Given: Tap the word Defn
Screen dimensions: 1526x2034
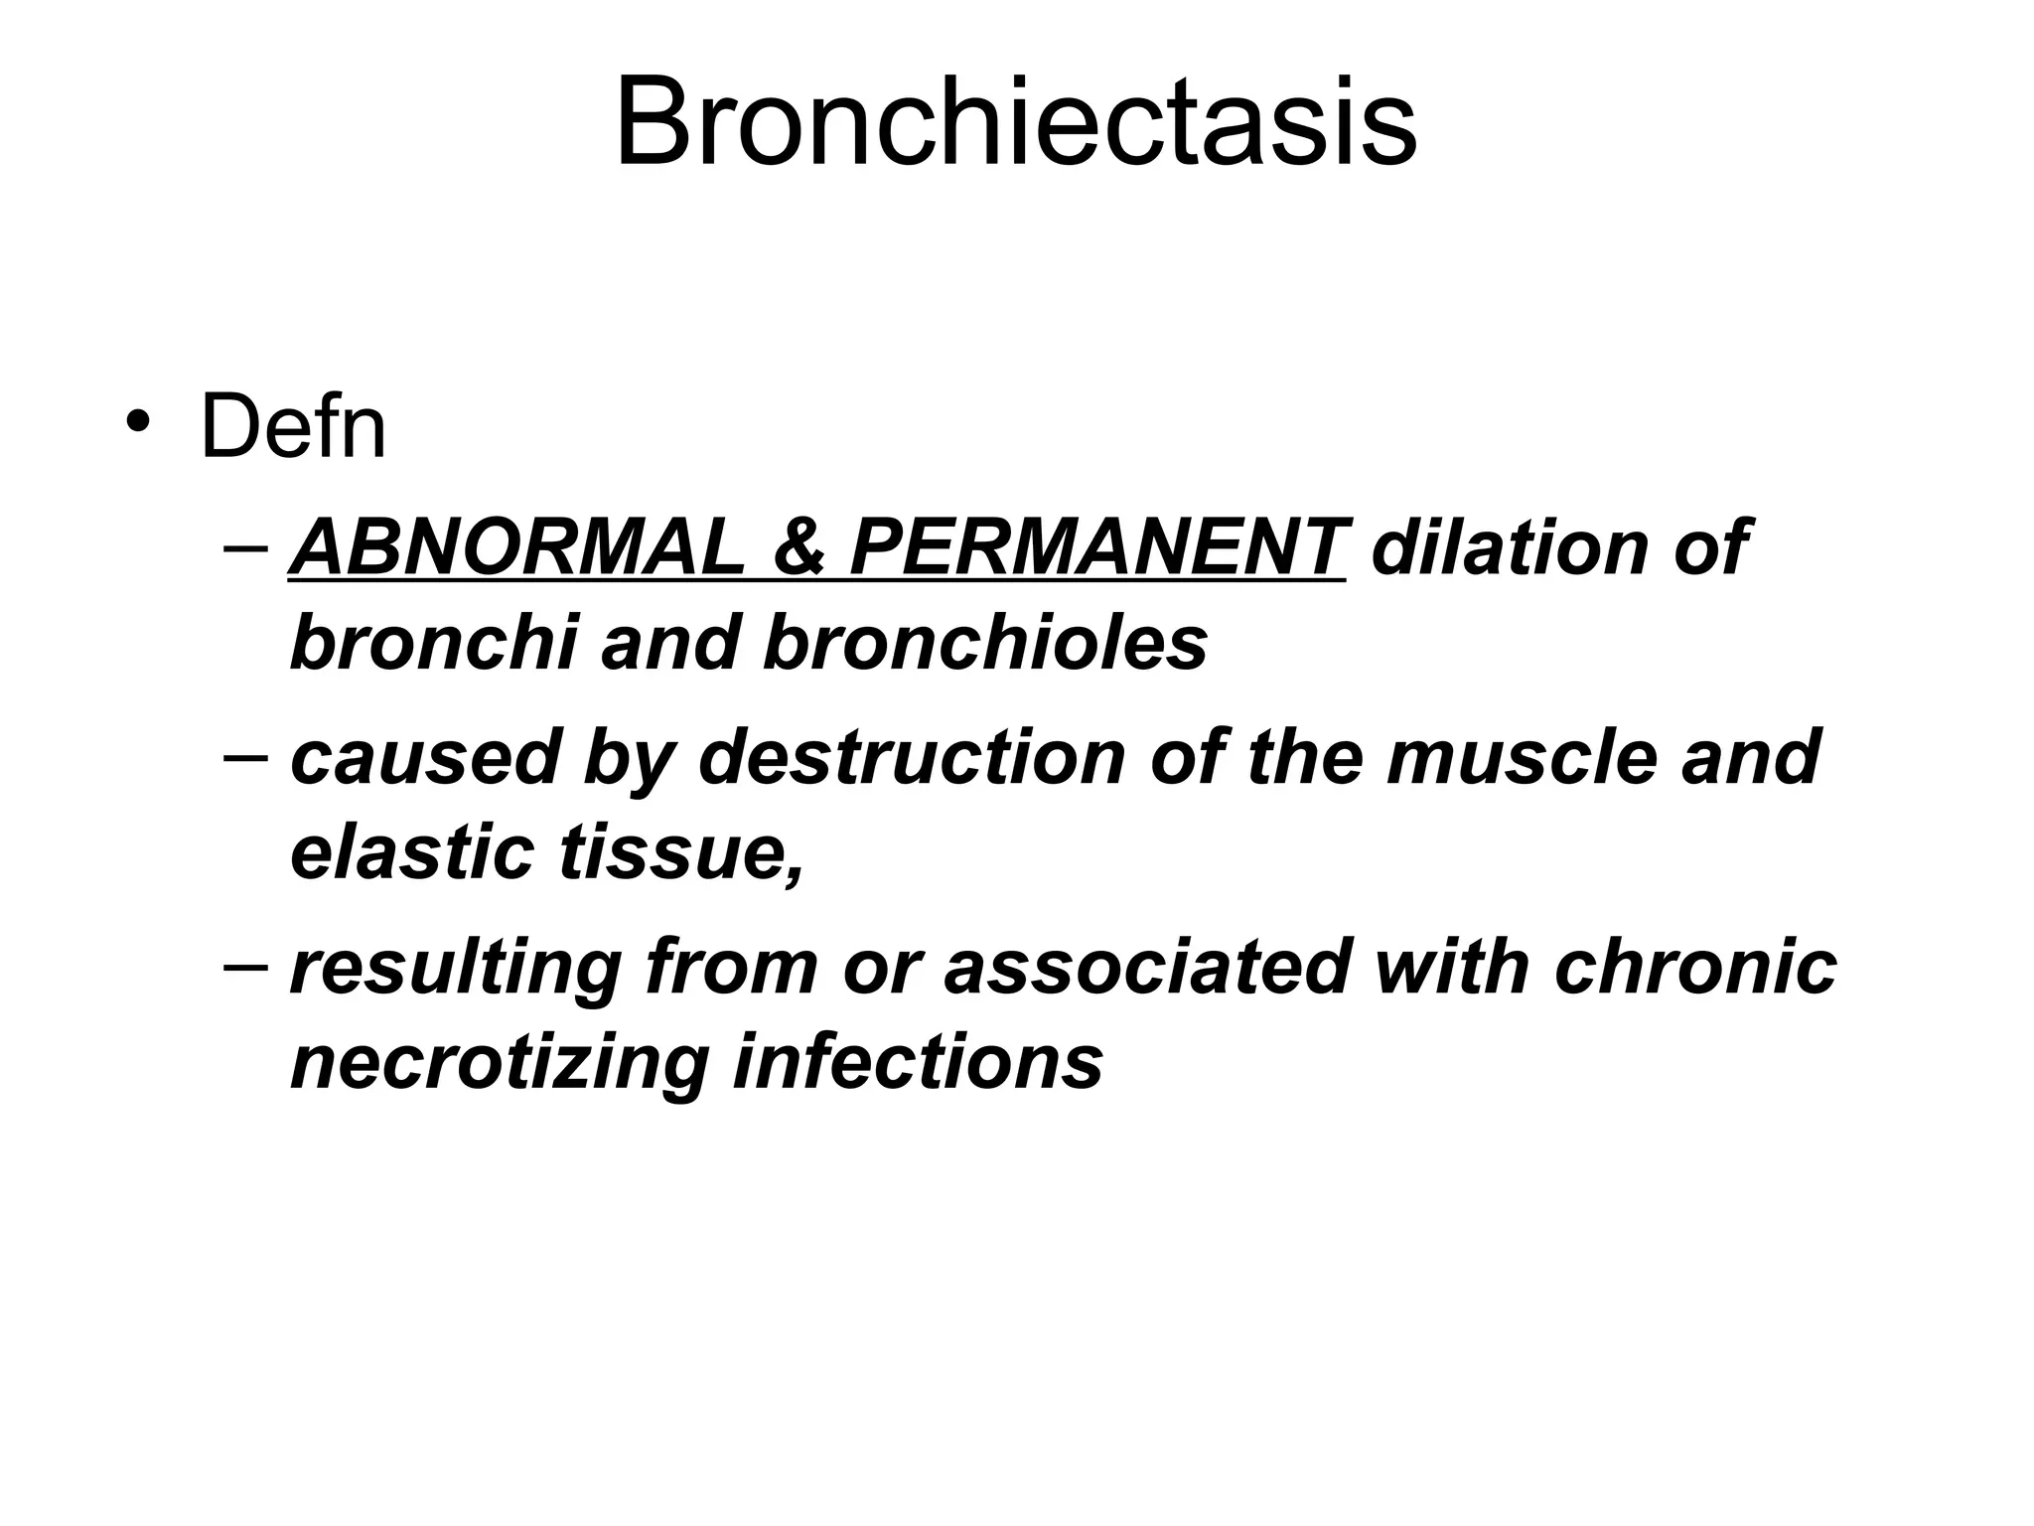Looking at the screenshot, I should coord(293,428).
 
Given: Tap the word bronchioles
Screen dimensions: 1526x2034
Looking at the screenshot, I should coord(985,643).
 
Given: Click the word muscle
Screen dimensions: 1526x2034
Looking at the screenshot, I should coord(1521,757).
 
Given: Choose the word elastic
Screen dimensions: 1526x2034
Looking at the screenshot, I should coord(412,852).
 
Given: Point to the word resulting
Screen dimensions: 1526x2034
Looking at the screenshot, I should coord(456,968).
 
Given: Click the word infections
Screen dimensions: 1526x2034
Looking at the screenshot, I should coord(918,1061).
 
